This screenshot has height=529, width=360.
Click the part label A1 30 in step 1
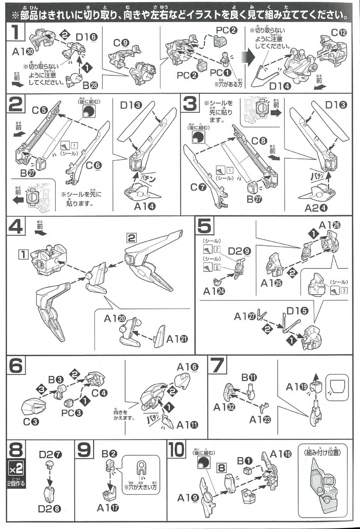pyautogui.click(x=23, y=51)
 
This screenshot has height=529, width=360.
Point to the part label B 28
pyautogui.click(x=90, y=85)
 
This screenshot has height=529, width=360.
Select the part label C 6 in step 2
pyautogui.click(x=93, y=165)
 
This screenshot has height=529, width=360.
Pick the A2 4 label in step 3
pyautogui.click(x=316, y=208)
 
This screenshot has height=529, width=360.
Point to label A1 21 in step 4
pyautogui.click(x=177, y=339)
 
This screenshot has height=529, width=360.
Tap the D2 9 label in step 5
pyautogui.click(x=239, y=251)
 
